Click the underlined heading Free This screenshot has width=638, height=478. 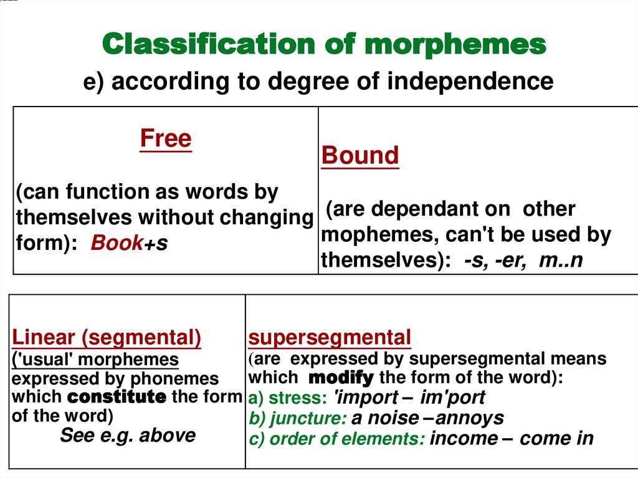click(x=166, y=138)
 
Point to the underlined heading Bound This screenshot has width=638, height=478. click(x=360, y=156)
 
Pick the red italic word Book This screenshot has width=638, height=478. click(x=117, y=243)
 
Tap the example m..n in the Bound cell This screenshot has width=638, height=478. click(x=561, y=260)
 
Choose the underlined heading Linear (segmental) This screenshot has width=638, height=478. click(x=107, y=338)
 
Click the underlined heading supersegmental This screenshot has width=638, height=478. click(x=330, y=338)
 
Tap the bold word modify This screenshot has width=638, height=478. click(x=341, y=377)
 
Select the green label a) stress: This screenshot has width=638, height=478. click(x=289, y=398)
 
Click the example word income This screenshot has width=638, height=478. click(x=464, y=438)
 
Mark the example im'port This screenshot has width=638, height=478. click(x=452, y=398)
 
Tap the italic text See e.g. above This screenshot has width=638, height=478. click(x=127, y=435)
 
